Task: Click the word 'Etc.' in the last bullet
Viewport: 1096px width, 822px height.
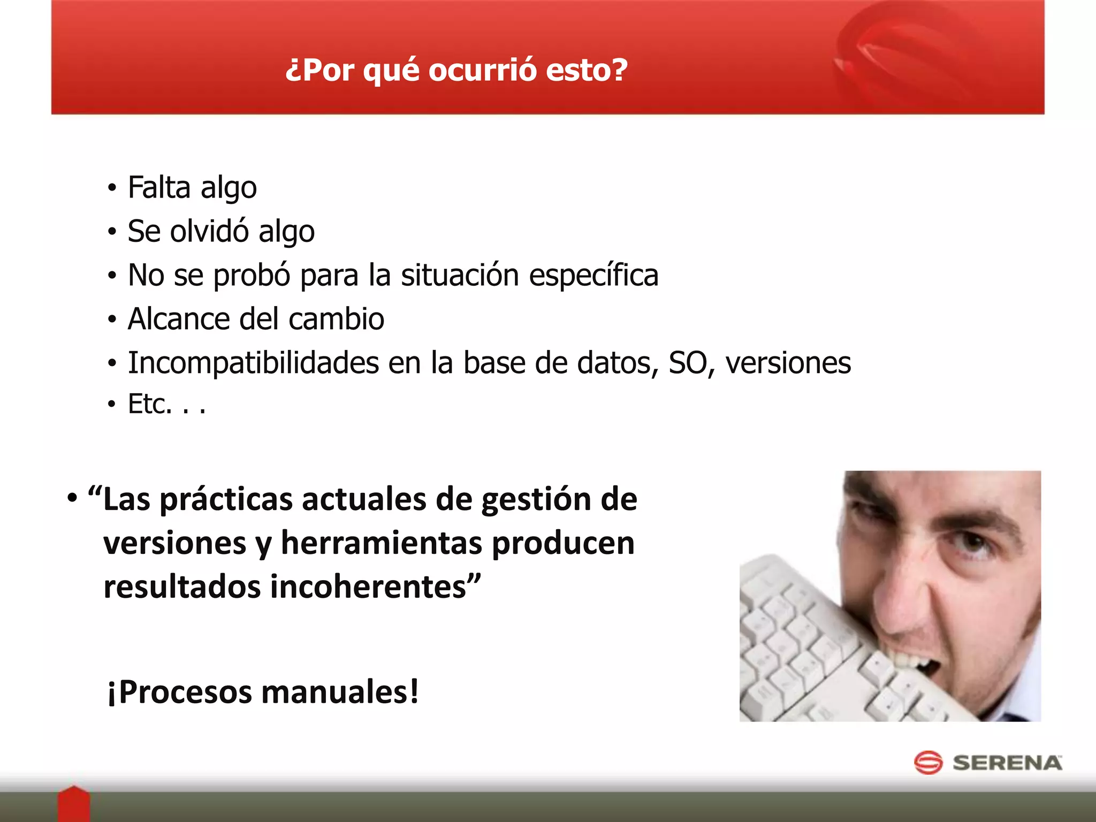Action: coord(150,404)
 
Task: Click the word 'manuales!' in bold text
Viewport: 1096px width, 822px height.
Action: coord(340,692)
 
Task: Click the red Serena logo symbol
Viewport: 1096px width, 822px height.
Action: coord(928,763)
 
